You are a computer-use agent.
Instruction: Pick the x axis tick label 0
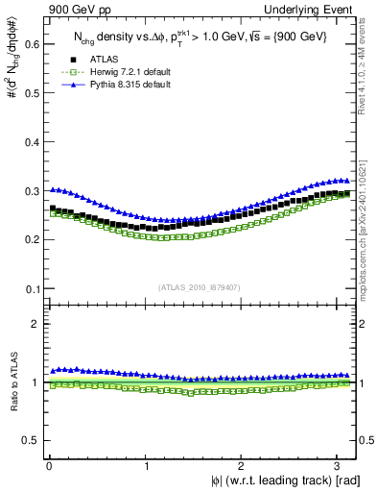coord(49,465)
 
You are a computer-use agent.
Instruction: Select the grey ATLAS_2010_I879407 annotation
coord(200,285)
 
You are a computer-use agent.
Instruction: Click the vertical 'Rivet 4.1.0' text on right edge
coord(366,58)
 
